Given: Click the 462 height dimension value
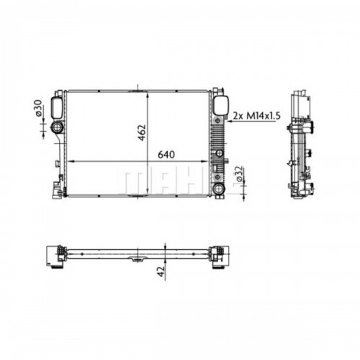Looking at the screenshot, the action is (x=142, y=132).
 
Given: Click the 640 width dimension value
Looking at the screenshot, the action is (x=166, y=155).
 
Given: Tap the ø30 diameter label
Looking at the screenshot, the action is (x=39, y=108).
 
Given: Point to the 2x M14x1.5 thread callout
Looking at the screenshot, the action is (x=257, y=116).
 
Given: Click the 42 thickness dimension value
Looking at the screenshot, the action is (x=161, y=271).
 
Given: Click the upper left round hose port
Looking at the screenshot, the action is (x=57, y=127).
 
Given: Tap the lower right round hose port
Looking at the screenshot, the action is (x=218, y=188).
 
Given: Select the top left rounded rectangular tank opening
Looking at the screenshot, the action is (x=57, y=107).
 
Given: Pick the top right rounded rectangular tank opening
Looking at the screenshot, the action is (x=220, y=105).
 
